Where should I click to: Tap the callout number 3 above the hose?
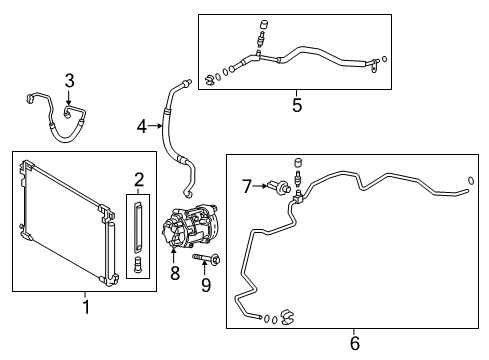click(x=69, y=81)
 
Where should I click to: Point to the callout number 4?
click(x=142, y=125)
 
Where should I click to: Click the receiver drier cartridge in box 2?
click(x=138, y=228)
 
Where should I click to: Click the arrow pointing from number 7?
click(x=263, y=185)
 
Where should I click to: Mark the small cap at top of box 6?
click(x=297, y=162)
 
